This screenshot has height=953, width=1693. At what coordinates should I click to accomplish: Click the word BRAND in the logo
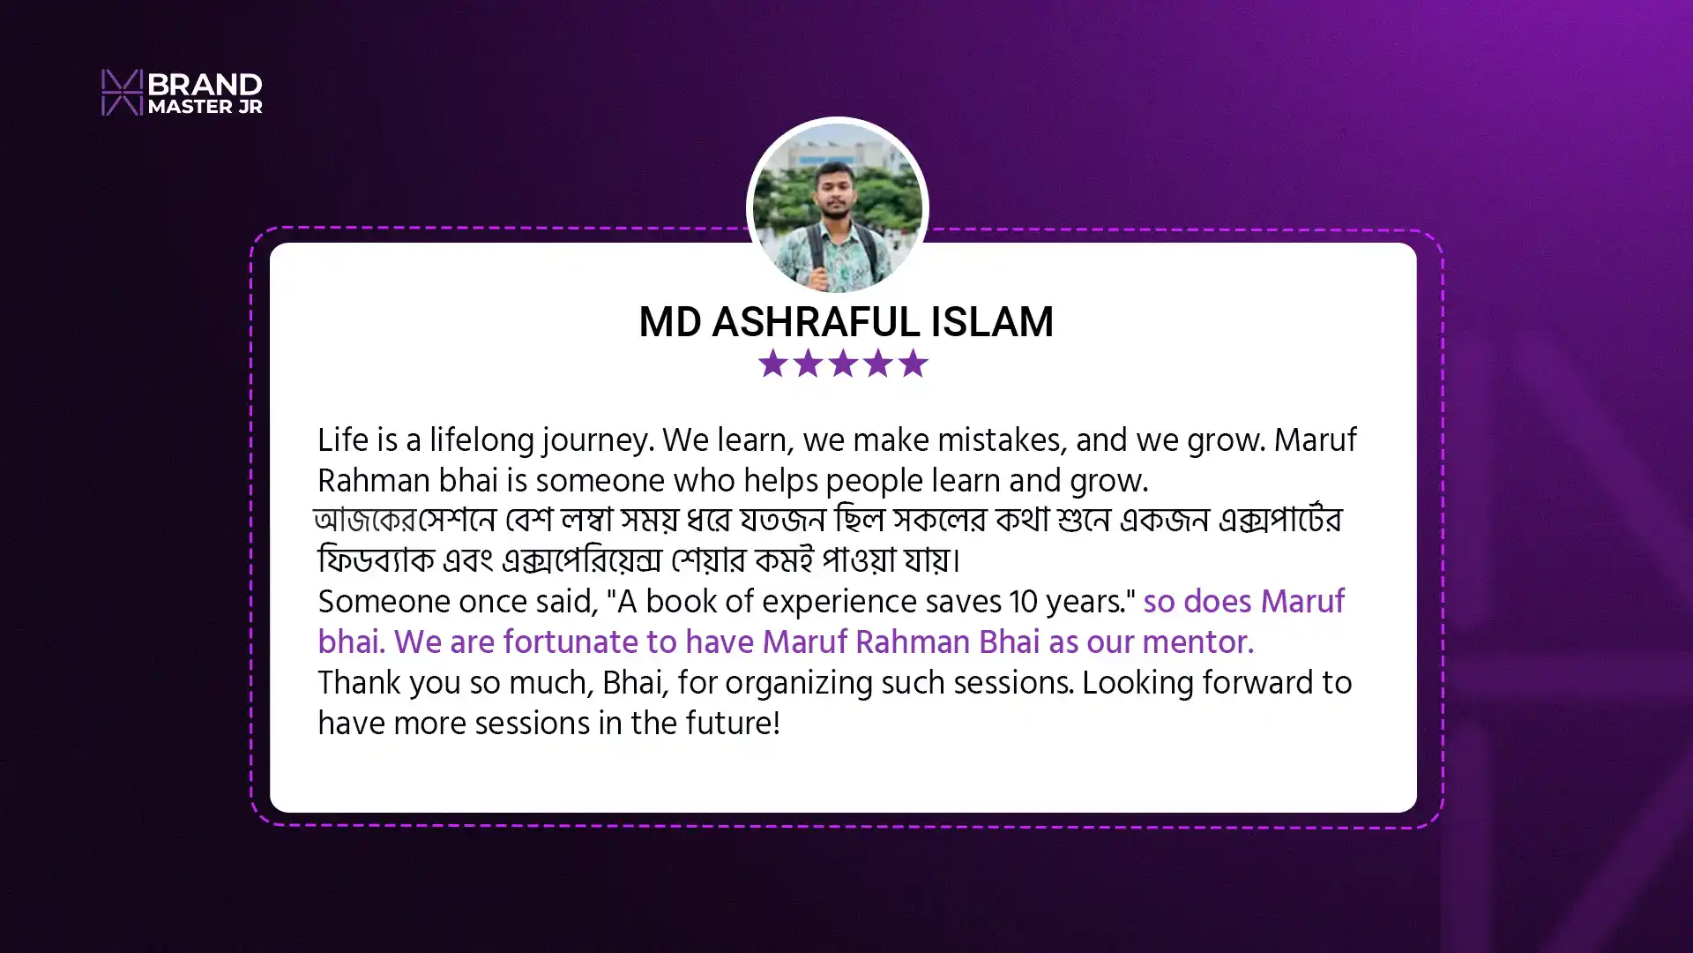(205, 84)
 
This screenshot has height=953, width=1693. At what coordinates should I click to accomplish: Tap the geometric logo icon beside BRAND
(122, 92)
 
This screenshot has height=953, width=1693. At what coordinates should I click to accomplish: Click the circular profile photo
(837, 208)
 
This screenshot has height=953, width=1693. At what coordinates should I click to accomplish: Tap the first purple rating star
(772, 363)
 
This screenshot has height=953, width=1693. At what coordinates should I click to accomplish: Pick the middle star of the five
(843, 363)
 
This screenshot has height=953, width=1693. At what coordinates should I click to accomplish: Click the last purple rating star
(913, 363)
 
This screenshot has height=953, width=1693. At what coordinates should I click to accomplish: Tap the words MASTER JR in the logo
(205, 107)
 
